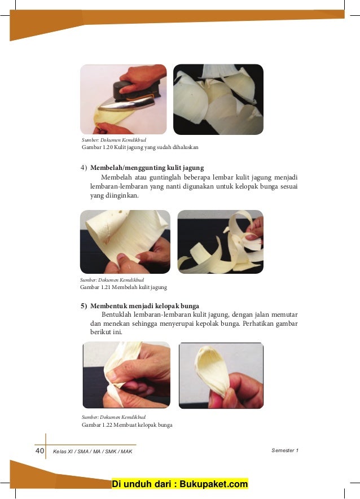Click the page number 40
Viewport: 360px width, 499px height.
[x=39, y=450]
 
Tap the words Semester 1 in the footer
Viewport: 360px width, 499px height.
[x=285, y=450]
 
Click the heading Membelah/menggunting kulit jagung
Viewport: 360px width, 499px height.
[x=147, y=168]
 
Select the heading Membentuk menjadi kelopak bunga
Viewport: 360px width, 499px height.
[x=144, y=306]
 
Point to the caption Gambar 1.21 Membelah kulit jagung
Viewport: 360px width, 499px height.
[x=124, y=287]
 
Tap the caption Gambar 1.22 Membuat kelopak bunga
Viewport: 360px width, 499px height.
[x=127, y=425]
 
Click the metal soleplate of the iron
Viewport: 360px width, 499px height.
[x=126, y=105]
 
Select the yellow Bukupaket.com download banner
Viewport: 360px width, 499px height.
[x=179, y=484]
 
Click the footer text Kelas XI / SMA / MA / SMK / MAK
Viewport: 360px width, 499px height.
[x=93, y=451]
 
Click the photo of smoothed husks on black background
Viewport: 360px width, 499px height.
[x=218, y=99]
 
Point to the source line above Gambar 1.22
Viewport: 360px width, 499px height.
[x=113, y=417]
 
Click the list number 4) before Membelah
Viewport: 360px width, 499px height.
[x=84, y=168]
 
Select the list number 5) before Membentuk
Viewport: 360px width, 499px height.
[x=84, y=306]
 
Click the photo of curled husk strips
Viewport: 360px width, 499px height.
[x=221, y=242]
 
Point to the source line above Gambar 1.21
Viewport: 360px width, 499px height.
[x=112, y=280]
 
